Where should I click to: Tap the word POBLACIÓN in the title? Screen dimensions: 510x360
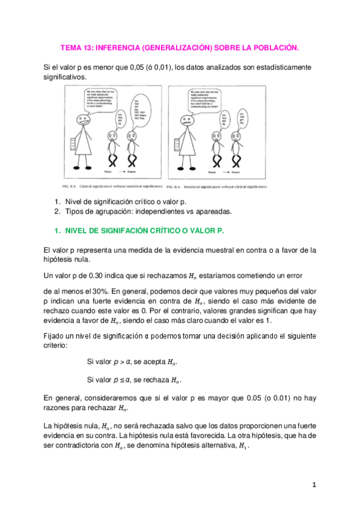272,47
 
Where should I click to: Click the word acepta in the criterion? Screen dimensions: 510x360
147,363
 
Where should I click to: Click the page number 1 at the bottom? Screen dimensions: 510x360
314,484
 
